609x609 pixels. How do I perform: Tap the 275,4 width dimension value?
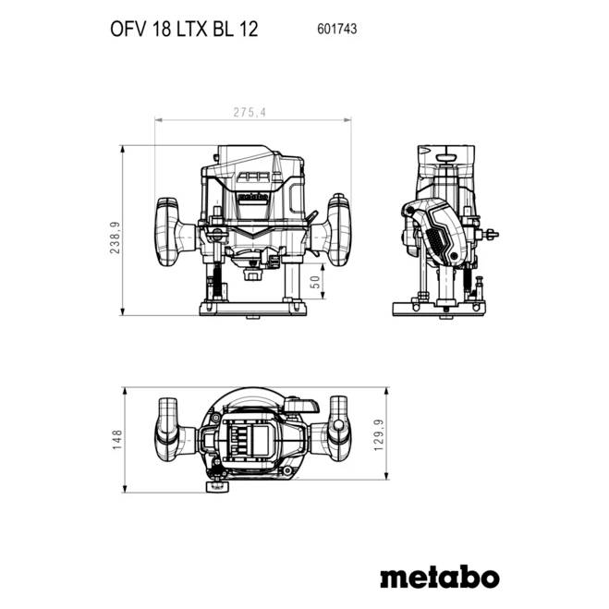coord(253,113)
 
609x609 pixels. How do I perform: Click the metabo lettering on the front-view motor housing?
coord(252,195)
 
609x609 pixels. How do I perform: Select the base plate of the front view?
coord(253,307)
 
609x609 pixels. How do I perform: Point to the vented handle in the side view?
coord(433,234)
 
